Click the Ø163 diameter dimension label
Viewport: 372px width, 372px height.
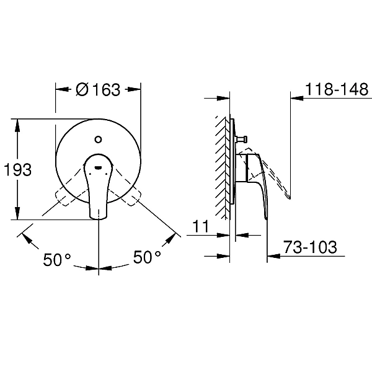click(x=98, y=90)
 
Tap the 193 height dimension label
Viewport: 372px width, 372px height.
click(x=18, y=170)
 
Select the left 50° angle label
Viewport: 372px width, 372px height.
click(x=57, y=259)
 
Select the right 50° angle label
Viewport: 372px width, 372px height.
click(x=147, y=257)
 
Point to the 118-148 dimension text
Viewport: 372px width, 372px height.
click(x=337, y=89)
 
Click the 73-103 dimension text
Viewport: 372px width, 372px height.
click(x=311, y=247)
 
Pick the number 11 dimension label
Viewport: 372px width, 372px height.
click(x=201, y=226)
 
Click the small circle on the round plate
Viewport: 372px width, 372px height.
click(x=98, y=139)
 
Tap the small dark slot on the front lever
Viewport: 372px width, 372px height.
click(x=98, y=168)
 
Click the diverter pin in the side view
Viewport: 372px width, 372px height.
click(x=242, y=139)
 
